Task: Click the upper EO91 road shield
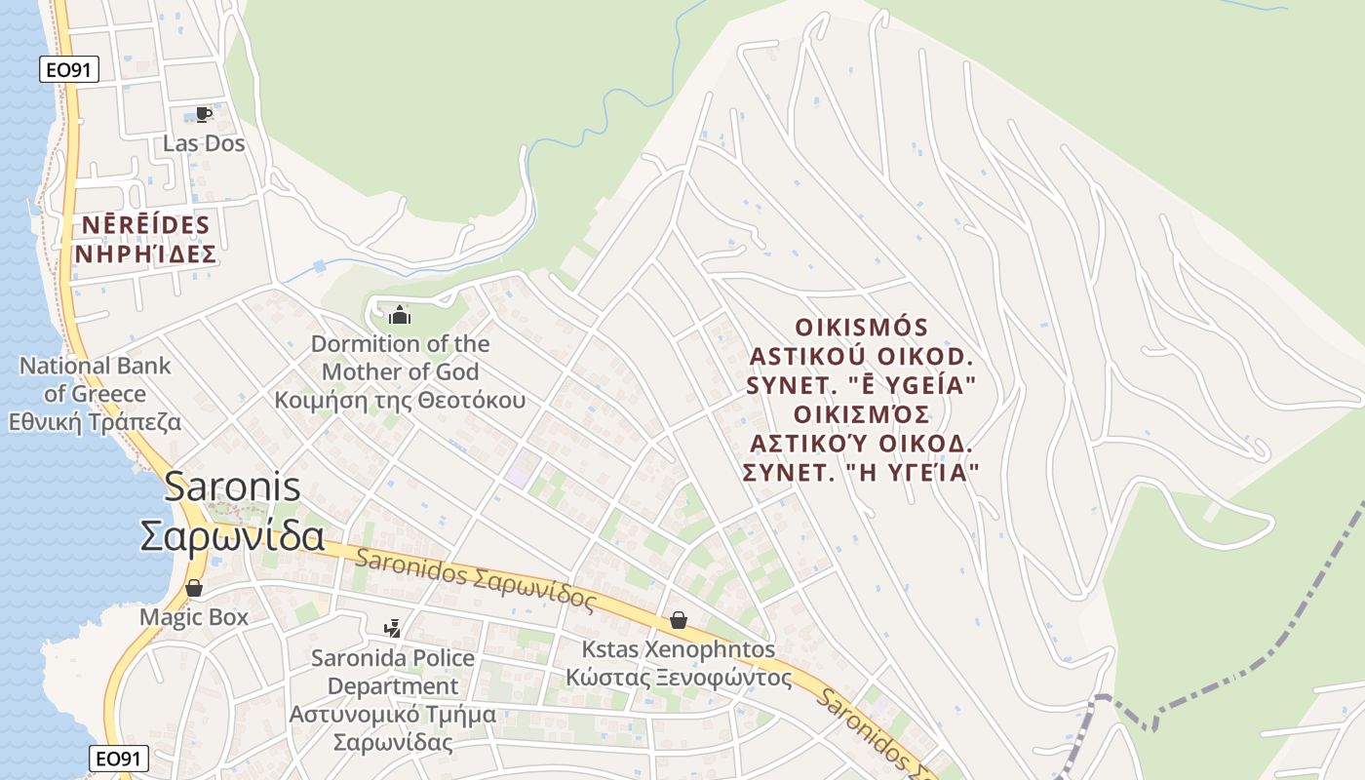[69, 69]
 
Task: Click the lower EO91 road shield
[119, 758]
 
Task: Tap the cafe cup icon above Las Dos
[203, 115]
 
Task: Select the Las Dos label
[204, 143]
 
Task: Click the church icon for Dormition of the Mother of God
[400, 315]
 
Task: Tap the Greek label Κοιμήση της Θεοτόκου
[400, 400]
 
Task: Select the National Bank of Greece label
[96, 380]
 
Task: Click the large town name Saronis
[232, 487]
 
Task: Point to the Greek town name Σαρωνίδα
[232, 535]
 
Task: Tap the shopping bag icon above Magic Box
[194, 588]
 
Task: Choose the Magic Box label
[194, 617]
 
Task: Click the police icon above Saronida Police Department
[392, 629]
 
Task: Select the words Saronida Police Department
[393, 672]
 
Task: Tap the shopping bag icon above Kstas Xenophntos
[678, 620]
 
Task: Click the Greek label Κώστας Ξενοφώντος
[679, 678]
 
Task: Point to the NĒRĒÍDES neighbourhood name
[145, 225]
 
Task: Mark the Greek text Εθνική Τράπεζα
[96, 423]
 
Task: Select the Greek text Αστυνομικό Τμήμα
[393, 715]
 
